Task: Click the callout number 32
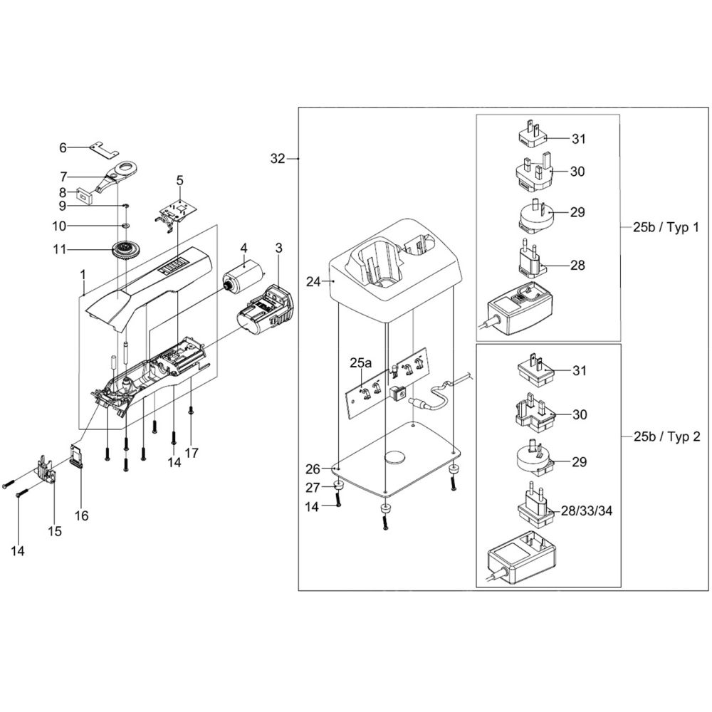point(278,159)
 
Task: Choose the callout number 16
point(82,515)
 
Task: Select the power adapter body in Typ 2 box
point(520,560)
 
